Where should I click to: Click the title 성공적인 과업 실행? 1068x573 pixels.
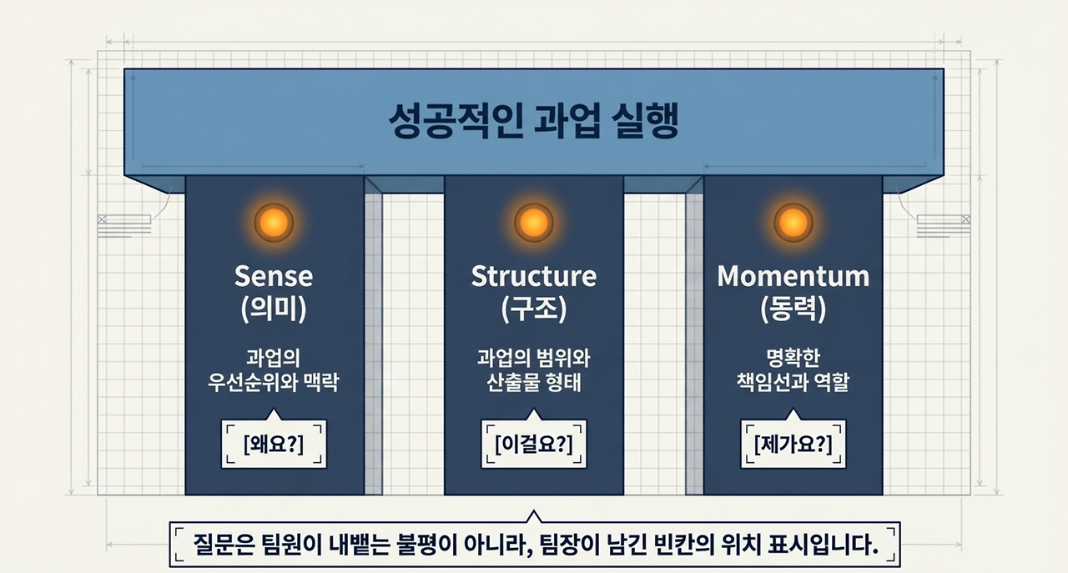(533, 123)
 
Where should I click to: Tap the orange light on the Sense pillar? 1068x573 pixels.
(274, 223)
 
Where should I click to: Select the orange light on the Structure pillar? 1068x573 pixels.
(533, 223)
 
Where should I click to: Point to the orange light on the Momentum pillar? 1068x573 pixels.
(793, 223)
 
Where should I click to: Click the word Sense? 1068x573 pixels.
(274, 276)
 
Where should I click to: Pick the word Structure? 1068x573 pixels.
(533, 276)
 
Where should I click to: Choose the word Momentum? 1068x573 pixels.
(793, 276)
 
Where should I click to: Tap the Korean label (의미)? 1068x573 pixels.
(274, 309)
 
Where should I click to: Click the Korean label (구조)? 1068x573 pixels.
(533, 309)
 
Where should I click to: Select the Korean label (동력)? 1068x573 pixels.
(793, 309)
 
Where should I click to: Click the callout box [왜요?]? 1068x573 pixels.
(274, 445)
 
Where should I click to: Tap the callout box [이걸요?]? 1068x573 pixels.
(534, 445)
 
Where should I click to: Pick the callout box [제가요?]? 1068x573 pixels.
(793, 445)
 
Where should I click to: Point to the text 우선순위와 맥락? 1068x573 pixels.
(274, 384)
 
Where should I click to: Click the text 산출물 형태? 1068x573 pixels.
(533, 384)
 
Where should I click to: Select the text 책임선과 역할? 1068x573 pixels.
(793, 384)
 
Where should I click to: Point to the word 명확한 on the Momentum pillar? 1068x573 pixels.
(793, 359)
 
